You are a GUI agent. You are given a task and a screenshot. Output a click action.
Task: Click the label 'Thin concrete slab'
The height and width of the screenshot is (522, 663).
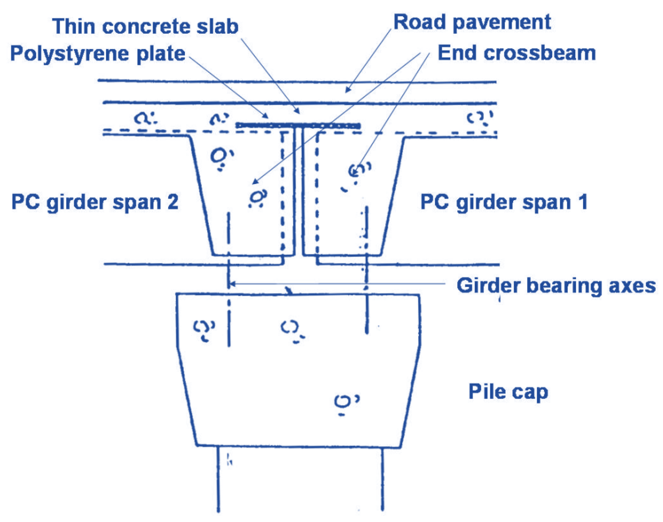click(x=145, y=27)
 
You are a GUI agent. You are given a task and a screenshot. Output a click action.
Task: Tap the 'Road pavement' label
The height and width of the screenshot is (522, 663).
click(x=472, y=22)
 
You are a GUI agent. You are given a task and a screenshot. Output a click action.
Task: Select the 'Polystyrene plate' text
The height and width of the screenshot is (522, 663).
click(x=97, y=54)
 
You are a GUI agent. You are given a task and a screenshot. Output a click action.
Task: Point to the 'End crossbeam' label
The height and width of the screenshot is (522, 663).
click(x=516, y=53)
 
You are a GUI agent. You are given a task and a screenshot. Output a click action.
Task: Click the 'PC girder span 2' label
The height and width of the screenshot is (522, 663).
click(x=95, y=202)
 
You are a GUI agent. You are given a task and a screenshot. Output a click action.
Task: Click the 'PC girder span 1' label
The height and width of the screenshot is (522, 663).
click(x=504, y=202)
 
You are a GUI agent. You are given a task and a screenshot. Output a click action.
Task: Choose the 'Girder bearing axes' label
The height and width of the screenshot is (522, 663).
click(x=555, y=286)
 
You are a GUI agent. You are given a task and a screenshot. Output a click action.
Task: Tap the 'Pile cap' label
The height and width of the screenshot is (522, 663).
click(x=508, y=391)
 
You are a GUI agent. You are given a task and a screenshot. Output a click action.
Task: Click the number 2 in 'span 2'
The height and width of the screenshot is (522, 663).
click(x=173, y=202)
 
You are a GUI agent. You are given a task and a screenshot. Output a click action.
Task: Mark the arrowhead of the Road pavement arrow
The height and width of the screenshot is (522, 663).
click(x=347, y=90)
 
